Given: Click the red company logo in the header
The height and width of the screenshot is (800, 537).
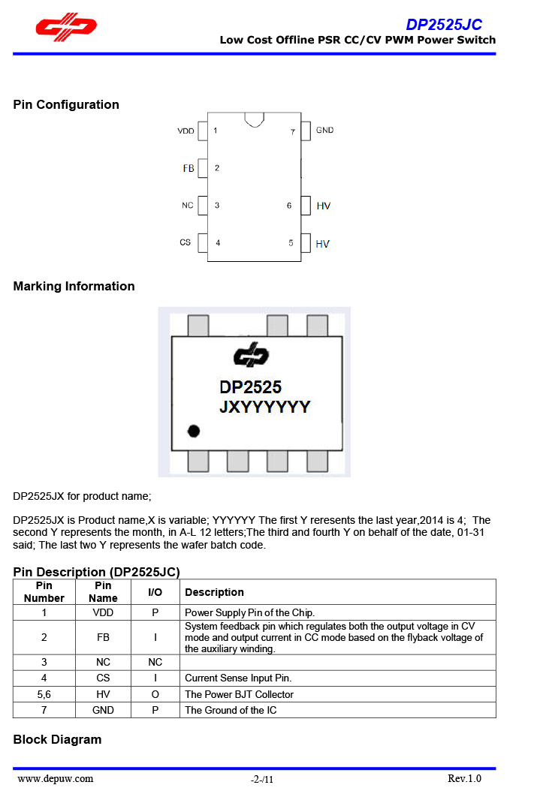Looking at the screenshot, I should pos(66,28).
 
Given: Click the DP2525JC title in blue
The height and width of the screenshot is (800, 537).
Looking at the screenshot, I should pos(444,24).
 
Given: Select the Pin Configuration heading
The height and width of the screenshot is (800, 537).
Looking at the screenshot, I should pos(66,104).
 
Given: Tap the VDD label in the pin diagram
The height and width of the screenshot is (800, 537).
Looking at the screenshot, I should pos(186,131).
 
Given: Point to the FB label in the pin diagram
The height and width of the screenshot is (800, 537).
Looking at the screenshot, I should pos(189,168).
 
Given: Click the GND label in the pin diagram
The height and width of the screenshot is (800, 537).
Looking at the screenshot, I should pos(324,131).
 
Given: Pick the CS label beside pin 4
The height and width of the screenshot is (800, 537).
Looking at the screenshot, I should pos(186,242).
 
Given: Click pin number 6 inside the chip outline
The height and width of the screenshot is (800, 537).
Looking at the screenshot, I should pos(289,206).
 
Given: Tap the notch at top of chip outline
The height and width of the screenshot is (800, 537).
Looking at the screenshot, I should pos(254,119).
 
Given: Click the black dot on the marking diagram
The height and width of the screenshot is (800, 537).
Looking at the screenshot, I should pos(194,431).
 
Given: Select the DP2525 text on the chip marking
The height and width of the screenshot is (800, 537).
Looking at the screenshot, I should pos(250,386).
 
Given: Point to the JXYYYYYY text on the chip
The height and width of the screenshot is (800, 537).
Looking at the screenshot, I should pos(264,407).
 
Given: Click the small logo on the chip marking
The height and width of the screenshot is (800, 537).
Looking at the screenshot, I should pos(250,354).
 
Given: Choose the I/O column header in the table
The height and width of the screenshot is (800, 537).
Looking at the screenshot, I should pos(155,592).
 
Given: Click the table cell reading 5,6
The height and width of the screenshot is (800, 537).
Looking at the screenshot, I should pos(44,694).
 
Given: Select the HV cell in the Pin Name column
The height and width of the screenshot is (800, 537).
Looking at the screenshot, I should pos(103,694).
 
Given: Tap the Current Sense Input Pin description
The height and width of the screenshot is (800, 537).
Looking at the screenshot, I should pos(238,678).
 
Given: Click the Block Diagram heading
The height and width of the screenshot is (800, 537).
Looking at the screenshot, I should pos(57,739).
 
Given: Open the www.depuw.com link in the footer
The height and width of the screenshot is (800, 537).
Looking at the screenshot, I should pos(56,778).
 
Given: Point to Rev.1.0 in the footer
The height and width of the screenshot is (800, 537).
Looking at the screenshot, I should pos(464,778).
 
